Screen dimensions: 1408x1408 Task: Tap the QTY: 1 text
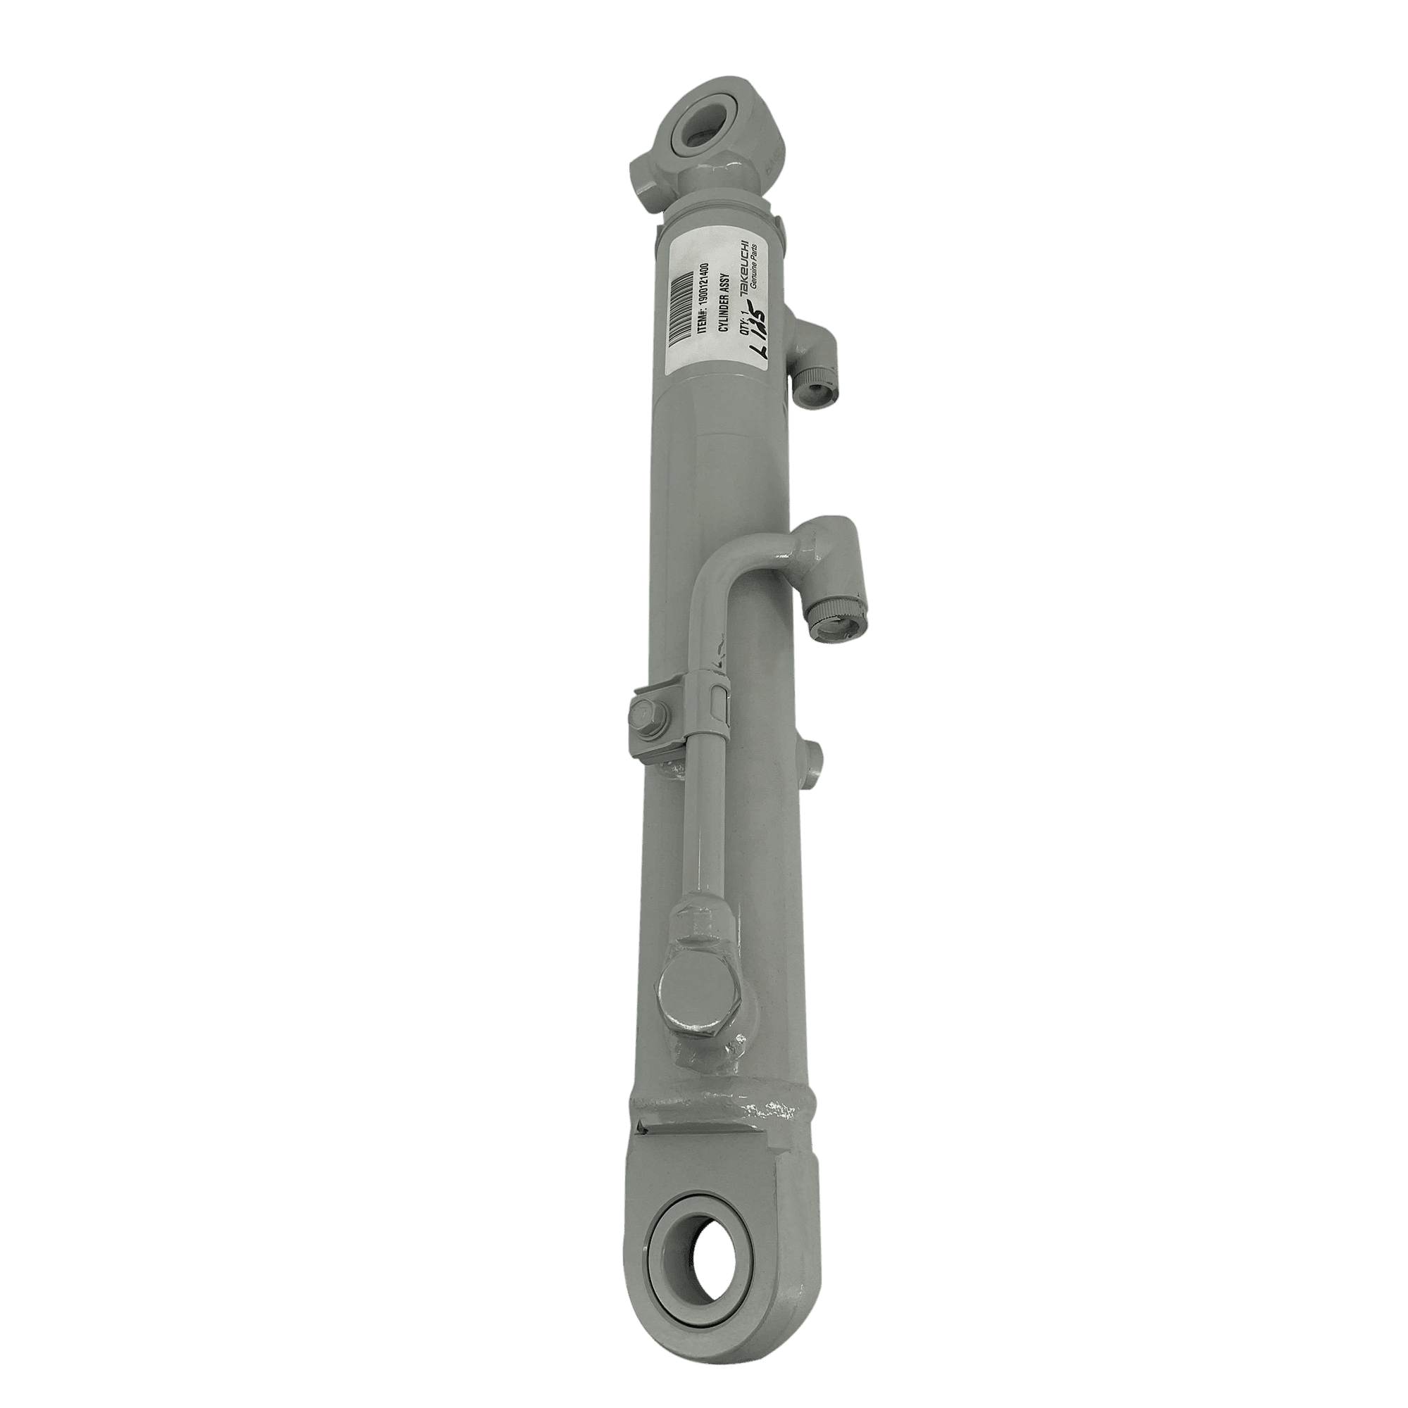coord(744,325)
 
